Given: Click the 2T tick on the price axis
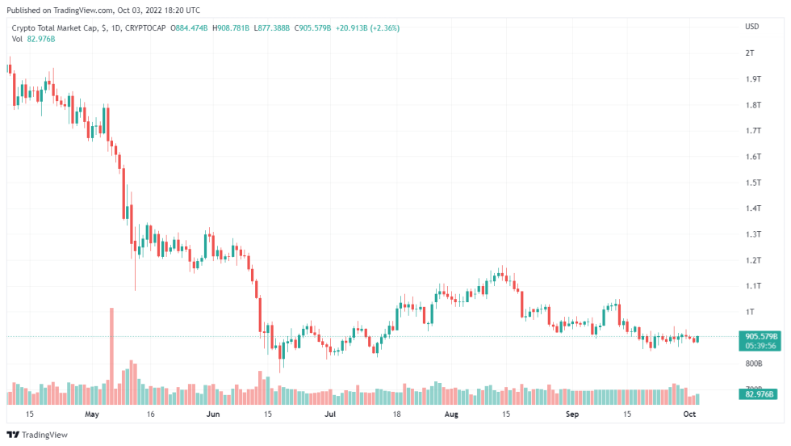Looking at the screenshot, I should (750, 53).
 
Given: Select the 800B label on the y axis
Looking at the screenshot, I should (753, 364).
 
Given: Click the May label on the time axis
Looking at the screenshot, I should (91, 414).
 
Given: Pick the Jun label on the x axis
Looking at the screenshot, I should (213, 414).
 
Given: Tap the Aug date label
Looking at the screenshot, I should (451, 414).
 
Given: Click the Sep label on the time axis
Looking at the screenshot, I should (571, 414).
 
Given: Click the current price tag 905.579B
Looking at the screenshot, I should (760, 336).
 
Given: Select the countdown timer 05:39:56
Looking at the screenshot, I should (760, 346).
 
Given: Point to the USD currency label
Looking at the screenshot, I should (751, 27).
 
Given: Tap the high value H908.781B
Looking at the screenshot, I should (232, 27).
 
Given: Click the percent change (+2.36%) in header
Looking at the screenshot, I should (385, 27).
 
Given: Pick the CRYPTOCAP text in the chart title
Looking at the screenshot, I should (149, 27).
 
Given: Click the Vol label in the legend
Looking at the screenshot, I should (17, 39).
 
